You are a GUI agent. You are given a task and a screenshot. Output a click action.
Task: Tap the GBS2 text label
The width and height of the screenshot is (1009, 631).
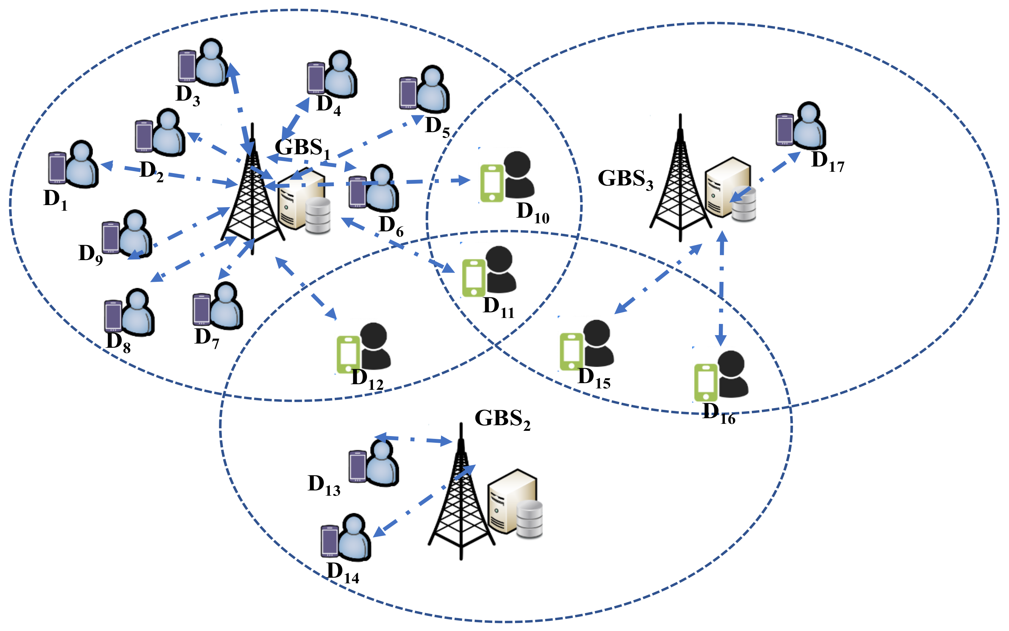coord(502,419)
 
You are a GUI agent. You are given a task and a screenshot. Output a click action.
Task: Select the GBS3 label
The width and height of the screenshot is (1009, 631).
coord(625,179)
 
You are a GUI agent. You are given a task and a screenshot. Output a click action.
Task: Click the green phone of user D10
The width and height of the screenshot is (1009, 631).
coord(492,184)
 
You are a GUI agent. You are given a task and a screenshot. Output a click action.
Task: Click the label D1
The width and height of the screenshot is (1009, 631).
coord(55,199)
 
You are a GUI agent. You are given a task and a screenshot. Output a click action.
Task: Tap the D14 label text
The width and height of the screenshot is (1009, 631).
coord(342,572)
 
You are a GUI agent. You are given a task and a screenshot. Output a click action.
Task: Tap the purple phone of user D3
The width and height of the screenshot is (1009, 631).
coord(187,66)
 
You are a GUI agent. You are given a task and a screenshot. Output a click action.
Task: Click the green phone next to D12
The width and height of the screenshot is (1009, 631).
coord(348,355)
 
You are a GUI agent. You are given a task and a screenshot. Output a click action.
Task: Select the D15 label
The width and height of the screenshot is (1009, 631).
coord(594,378)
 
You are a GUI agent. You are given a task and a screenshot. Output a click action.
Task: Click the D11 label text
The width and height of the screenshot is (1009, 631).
coord(498,307)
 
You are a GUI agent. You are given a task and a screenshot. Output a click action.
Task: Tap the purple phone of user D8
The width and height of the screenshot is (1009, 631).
coord(113,316)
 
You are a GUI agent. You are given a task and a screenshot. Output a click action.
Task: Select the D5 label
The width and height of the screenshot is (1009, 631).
coord(437,127)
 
